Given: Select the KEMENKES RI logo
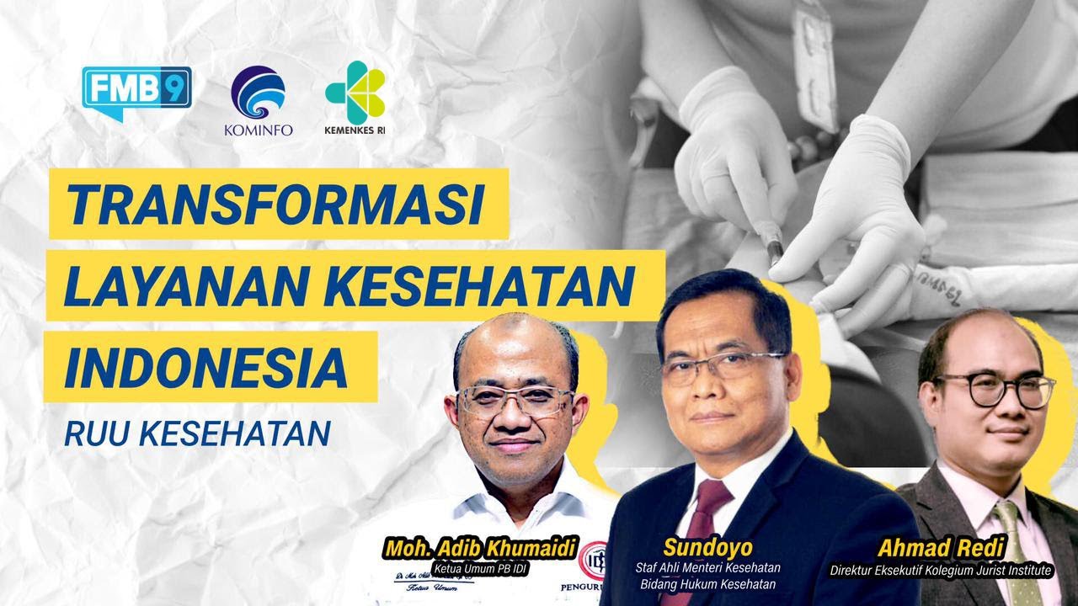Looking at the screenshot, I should [x=355, y=103].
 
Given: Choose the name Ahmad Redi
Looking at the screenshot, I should [x=941, y=548].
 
